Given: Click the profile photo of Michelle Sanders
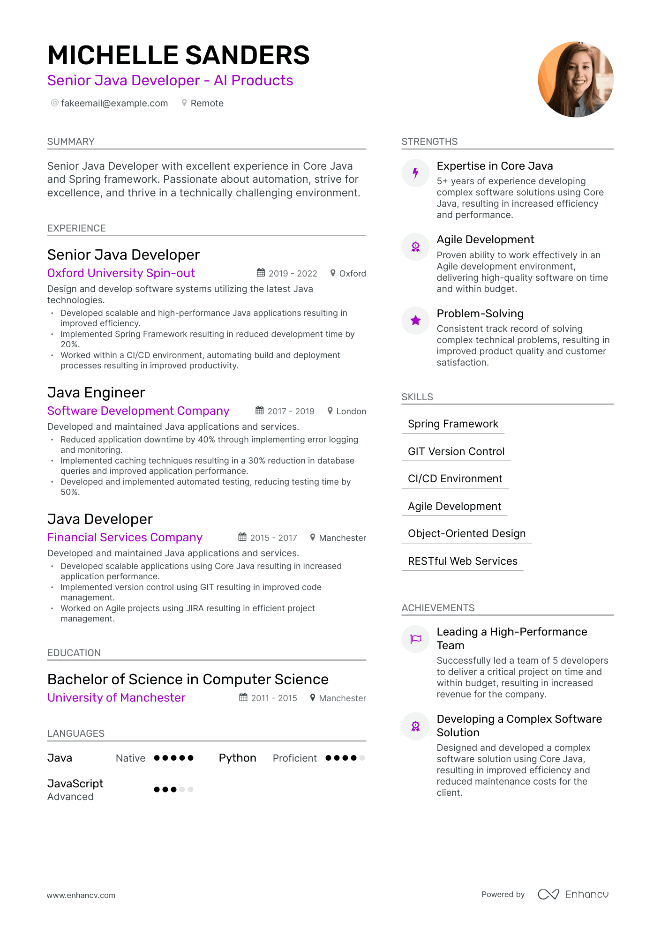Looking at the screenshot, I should pos(576,79).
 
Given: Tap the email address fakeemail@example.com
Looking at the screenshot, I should pos(114,103).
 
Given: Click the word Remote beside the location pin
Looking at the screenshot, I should pos(207,103).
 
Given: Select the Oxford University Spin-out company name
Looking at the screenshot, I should pos(121,273).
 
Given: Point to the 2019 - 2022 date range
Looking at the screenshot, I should pos(293,273).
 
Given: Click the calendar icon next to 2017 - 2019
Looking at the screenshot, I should pos(260,411).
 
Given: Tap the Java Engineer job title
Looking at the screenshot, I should pos(96,392).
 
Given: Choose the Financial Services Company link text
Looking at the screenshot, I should pos(125,537).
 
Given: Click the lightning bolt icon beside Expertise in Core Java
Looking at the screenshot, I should pos(415,173).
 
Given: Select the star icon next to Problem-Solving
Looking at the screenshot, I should pos(415,321).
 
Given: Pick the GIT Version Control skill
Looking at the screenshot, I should pos(456,451).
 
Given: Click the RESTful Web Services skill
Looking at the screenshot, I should pos(463,561).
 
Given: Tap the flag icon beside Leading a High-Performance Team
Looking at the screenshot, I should pos(415,639).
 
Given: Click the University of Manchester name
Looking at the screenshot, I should pos(116,697).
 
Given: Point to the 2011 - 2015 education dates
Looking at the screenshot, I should pos(274,698).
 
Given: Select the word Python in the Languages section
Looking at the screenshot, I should pos(237,758).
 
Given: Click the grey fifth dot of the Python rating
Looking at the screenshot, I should pos(362,758).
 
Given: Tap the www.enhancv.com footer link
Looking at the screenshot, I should pos(81,895).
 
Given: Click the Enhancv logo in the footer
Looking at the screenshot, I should pos(573,894).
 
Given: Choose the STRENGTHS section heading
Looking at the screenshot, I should pos(429,142).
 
